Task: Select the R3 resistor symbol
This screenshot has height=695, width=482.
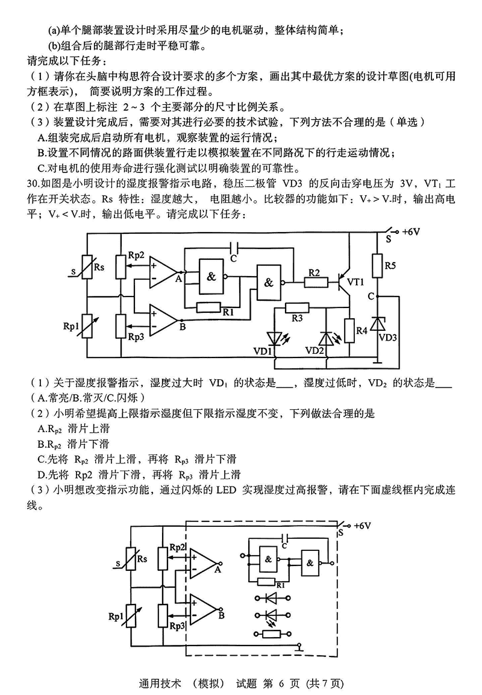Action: [296, 307]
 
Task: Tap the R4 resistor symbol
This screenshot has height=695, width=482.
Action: [349, 330]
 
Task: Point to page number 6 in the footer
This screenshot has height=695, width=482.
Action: [268, 684]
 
